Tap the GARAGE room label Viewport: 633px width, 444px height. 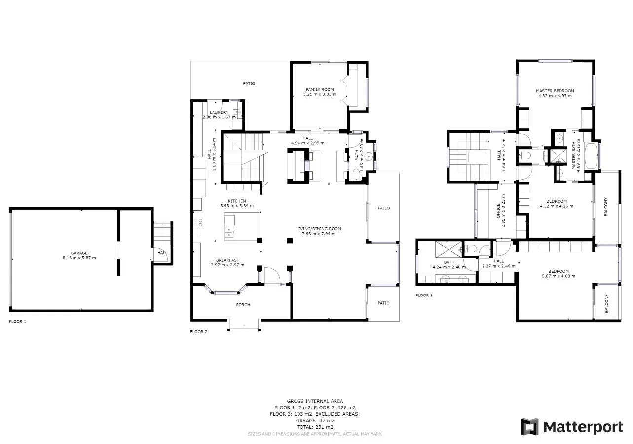click(79, 253)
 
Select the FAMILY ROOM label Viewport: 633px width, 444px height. click(320, 89)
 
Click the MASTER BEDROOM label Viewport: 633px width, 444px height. click(555, 91)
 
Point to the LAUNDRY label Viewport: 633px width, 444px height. click(219, 113)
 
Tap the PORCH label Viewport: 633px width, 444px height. click(243, 305)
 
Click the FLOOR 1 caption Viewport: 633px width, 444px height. click(17, 321)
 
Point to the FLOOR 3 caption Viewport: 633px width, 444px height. click(424, 296)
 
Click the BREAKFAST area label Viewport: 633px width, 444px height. click(227, 260)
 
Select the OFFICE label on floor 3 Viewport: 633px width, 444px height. click(498, 211)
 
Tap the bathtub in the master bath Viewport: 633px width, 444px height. click(591, 155)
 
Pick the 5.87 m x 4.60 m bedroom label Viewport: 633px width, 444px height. click(559, 272)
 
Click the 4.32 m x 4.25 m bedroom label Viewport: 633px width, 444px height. click(556, 201)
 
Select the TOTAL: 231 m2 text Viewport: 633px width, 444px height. click(315, 427)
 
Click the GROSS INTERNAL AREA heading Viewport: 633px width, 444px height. click(315, 401)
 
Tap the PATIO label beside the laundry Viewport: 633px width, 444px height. click(249, 84)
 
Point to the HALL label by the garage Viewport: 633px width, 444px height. click(162, 253)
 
